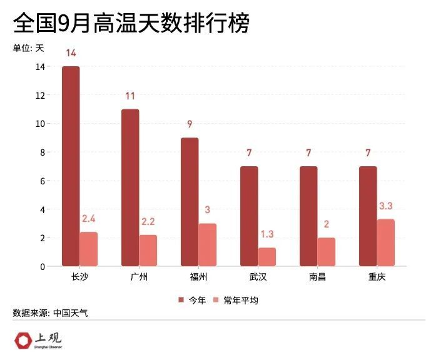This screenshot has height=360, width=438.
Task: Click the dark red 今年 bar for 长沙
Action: click(x=71, y=166)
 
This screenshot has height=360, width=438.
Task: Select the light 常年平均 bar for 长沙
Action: click(x=89, y=249)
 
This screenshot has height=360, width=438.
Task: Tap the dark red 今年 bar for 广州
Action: click(x=130, y=187)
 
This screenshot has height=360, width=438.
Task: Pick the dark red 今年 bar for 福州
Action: click(x=190, y=202)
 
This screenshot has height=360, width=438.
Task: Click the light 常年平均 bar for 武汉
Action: click(x=267, y=257)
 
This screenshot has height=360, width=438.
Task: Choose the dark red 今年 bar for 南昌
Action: click(x=308, y=216)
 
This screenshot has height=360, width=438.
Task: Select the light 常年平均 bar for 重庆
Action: click(x=386, y=242)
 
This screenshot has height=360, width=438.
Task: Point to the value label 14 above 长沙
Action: click(x=71, y=53)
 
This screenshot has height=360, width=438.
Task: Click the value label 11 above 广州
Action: click(x=130, y=96)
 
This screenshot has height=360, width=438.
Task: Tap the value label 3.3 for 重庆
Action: click(x=386, y=206)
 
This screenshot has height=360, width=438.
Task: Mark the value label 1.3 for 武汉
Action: click(x=267, y=234)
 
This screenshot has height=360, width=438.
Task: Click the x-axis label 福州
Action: click(x=198, y=277)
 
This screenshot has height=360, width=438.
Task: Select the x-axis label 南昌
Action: click(x=317, y=277)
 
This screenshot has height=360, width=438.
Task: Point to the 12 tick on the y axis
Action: click(x=41, y=95)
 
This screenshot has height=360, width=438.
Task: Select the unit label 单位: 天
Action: click(x=29, y=47)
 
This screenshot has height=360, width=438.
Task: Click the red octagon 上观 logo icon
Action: click(x=23, y=341)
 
